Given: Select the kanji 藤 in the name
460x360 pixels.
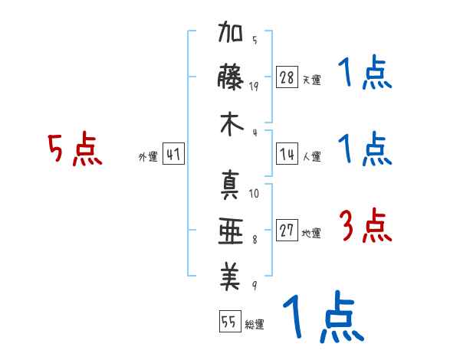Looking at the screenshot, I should pyautogui.click(x=231, y=79).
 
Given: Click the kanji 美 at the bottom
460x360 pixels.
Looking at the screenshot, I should pyautogui.click(x=231, y=277).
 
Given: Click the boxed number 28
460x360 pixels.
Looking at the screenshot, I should pyautogui.click(x=287, y=77).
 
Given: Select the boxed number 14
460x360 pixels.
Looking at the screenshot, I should pyautogui.click(x=287, y=154).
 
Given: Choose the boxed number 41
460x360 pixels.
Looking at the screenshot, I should pyautogui.click(x=173, y=155).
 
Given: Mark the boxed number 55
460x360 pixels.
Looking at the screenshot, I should pyautogui.click(x=228, y=322).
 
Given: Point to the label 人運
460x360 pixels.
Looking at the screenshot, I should pyautogui.click(x=311, y=156).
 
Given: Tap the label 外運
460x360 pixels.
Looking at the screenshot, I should pyautogui.click(x=147, y=157).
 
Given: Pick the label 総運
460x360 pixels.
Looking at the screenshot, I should pyautogui.click(x=255, y=325).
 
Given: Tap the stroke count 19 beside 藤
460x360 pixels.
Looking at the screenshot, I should pyautogui.click(x=254, y=86).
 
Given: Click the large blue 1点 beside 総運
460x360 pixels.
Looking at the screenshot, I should pyautogui.click(x=322, y=318).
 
